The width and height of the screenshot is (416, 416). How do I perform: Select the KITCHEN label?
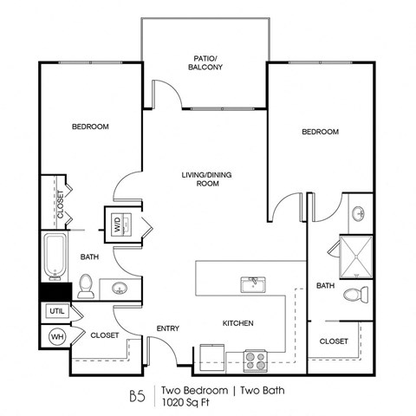coord(237,323)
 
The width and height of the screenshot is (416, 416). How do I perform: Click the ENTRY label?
coord(167,328)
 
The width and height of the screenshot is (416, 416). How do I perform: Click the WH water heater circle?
coord(56,336)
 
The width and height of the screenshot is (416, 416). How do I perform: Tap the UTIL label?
coord(56,310)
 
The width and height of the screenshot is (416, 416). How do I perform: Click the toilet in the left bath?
coord(85,283)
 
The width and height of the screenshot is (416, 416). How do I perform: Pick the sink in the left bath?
coord(118,287)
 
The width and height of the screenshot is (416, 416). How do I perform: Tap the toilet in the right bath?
coord(355,295)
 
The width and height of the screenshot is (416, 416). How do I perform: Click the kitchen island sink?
coord(252,284)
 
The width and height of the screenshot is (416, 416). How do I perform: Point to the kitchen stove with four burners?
coord(255,356)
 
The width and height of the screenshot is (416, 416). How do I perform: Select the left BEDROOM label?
coord(90,127)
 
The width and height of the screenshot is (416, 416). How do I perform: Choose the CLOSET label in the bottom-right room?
coord(334,341)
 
